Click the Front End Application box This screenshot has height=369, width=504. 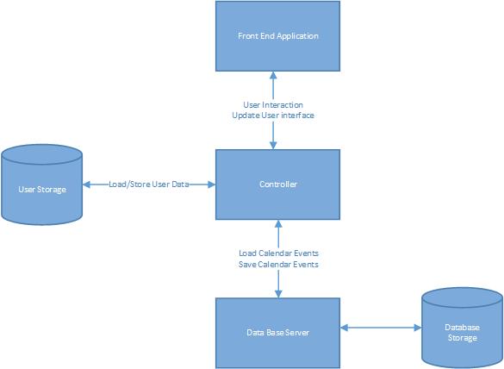point(277,36)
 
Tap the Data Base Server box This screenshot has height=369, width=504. point(277,333)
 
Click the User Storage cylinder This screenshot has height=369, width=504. point(41,188)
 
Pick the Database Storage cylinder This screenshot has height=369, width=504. point(461,332)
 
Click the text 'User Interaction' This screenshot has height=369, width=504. point(273,105)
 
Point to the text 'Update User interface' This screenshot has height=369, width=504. point(273,116)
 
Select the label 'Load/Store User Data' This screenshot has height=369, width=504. point(148,184)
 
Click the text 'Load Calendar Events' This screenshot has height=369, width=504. point(278,253)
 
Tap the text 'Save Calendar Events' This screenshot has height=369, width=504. point(278,264)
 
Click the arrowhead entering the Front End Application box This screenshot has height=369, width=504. point(274,76)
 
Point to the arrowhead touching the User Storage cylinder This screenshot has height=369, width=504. point(87,184)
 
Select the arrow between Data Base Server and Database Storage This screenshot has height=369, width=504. point(380,328)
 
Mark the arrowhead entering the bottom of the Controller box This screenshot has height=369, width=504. point(277,224)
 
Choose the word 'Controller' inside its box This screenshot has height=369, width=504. point(277,184)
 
